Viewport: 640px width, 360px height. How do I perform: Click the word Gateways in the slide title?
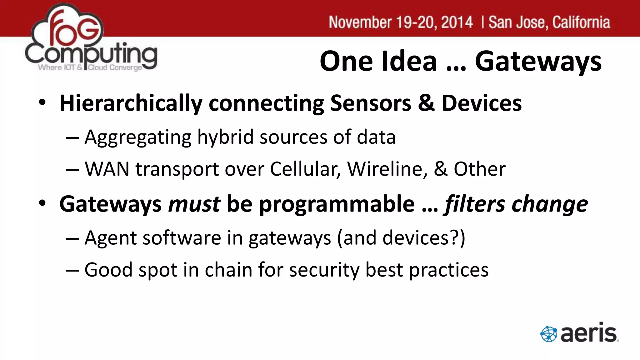538,62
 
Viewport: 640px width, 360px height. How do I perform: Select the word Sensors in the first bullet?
371,103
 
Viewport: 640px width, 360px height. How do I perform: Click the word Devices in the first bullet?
482,103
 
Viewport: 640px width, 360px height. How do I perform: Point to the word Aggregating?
138,137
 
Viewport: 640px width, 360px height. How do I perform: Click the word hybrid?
225,137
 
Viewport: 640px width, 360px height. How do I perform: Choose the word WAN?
107,169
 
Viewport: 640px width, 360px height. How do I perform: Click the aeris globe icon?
548,334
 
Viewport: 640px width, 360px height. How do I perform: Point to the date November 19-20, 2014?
401,22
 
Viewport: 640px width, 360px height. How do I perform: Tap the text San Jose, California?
549,22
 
